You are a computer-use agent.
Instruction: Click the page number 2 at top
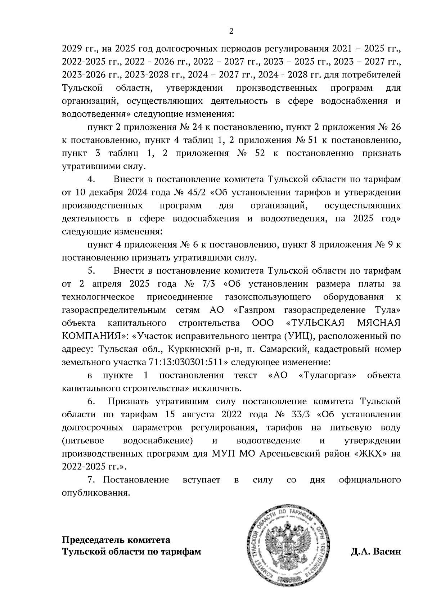231,31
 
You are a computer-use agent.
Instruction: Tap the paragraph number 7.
91,480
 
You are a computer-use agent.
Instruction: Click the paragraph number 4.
91,179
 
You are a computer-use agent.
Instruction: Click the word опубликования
95,493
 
